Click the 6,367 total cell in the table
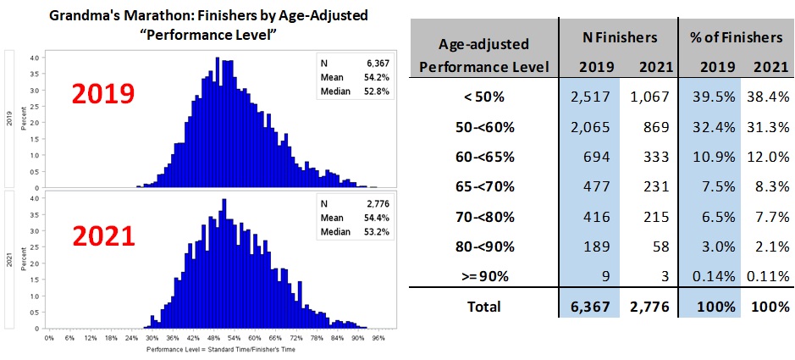pyautogui.click(x=588, y=307)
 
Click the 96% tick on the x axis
pyautogui.click(x=378, y=338)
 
